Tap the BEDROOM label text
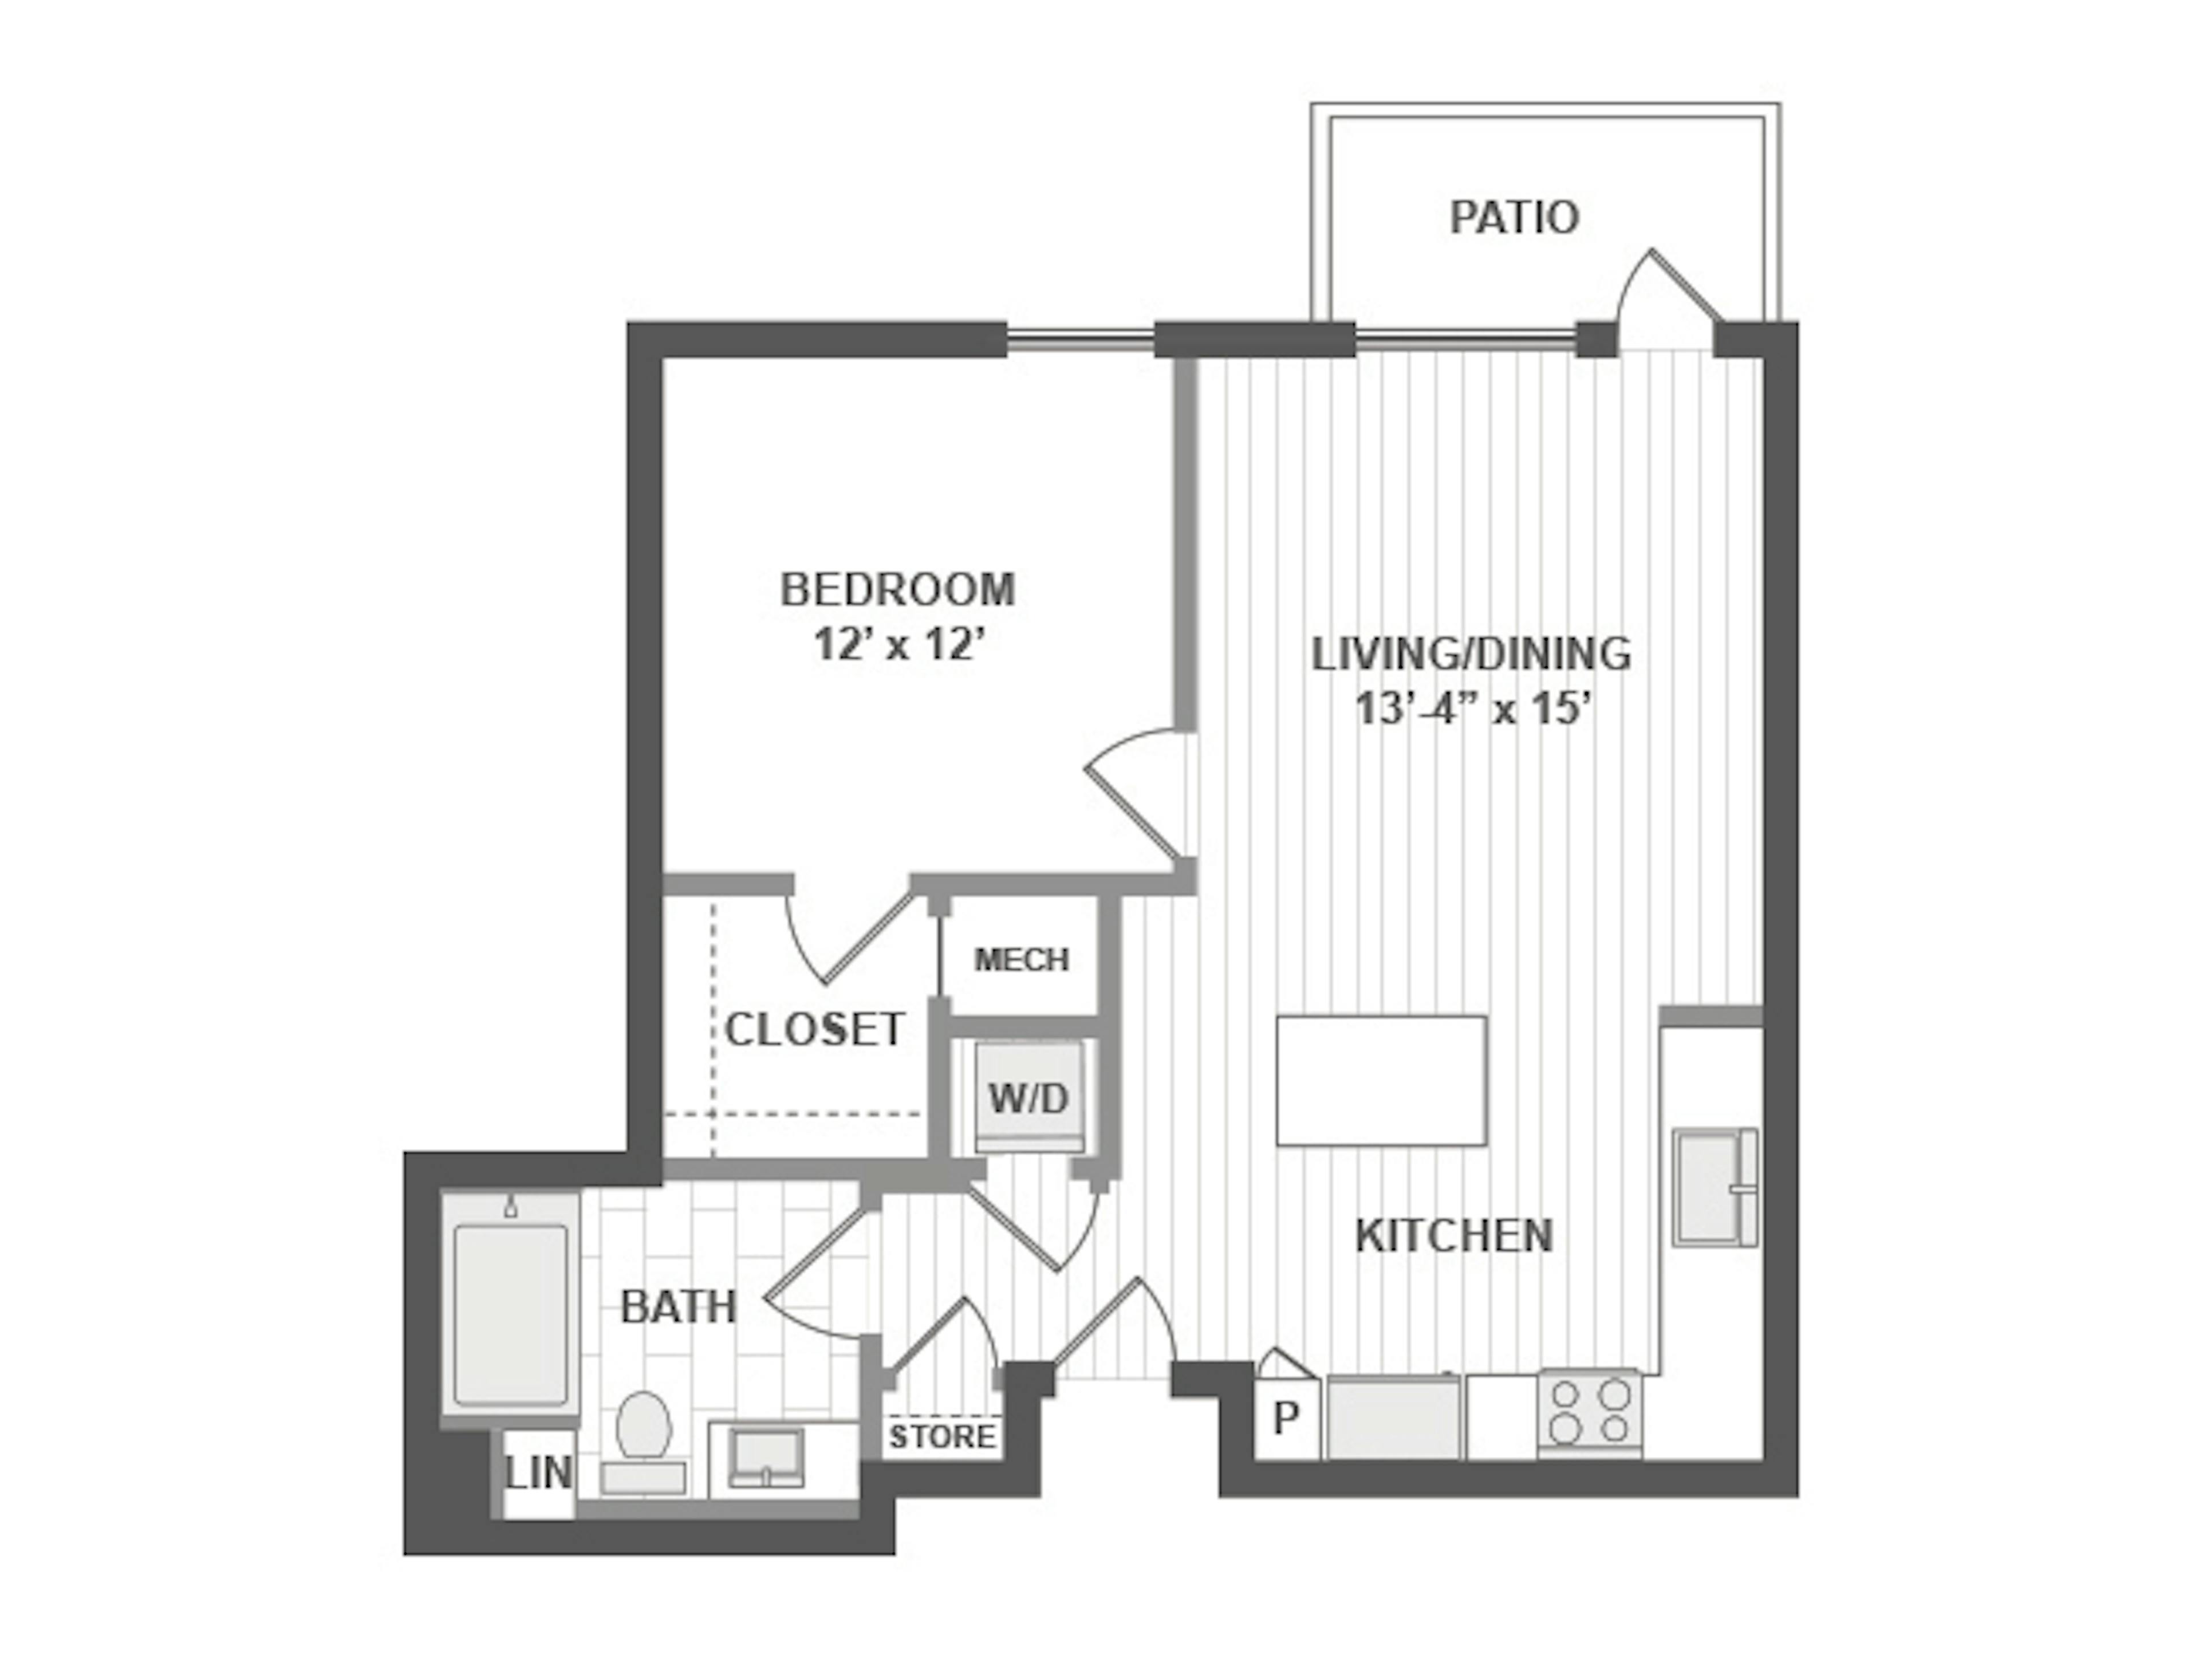tap(898, 589)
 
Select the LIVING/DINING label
tap(1471, 654)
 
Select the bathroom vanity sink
tap(766, 1456)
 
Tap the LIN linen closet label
tap(539, 1473)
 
